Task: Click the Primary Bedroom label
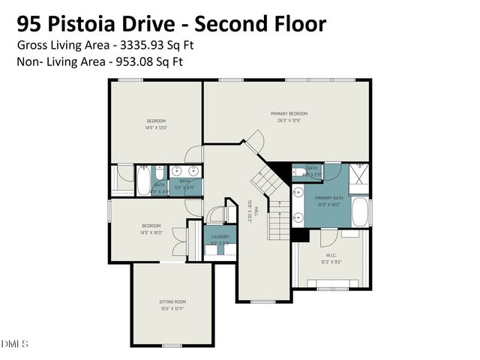pos(289,113)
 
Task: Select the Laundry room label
pos(220,236)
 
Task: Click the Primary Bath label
pos(328,199)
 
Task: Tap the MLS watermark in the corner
pos(14,344)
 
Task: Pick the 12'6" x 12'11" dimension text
pos(172,308)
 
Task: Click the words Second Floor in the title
pos(265,23)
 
